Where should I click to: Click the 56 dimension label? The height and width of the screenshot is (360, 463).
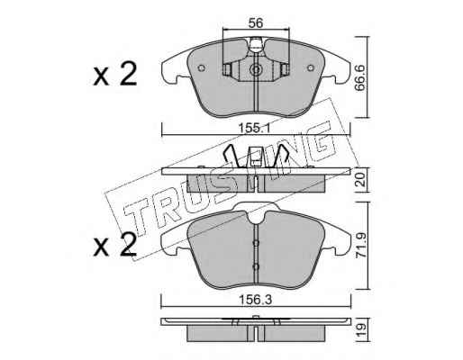pos(256,22)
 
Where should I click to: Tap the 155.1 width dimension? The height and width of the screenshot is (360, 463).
pos(254,129)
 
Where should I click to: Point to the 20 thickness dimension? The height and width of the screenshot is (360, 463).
pos(360,179)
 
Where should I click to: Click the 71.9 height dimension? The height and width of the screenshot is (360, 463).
pos(360,246)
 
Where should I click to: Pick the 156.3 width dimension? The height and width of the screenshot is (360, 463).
pos(255,300)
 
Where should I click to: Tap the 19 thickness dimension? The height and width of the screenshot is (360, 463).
pos(360,329)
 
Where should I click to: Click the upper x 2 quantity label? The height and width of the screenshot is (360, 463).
pos(115,74)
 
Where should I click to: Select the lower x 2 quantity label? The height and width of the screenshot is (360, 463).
pos(115,245)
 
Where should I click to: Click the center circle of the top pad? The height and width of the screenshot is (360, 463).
pos(256,70)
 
